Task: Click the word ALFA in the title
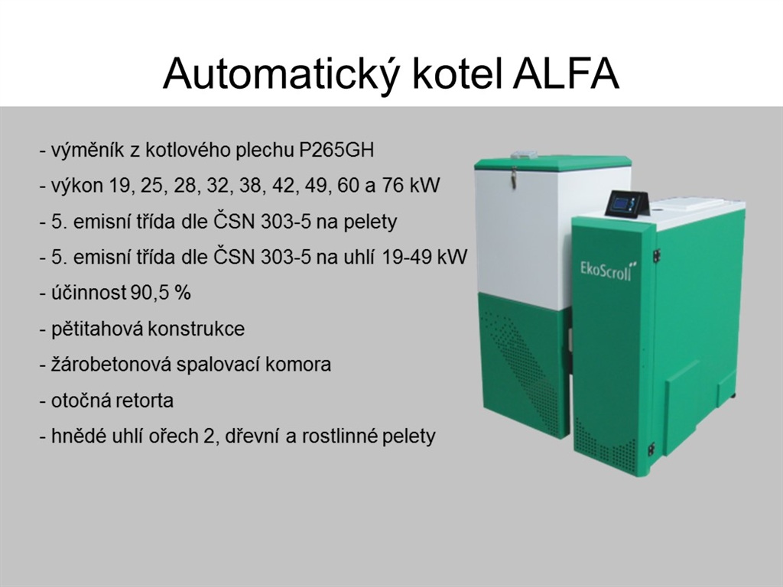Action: point(567,74)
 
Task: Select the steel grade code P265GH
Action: point(336,150)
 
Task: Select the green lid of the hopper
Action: point(552,161)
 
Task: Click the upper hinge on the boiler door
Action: point(657,254)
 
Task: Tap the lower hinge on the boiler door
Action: point(651,449)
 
